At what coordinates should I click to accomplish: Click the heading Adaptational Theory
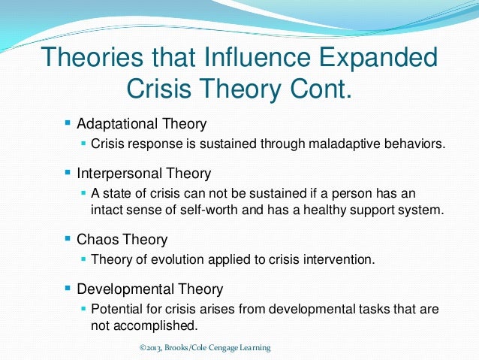(x=141, y=123)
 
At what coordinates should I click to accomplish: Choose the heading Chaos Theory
(x=122, y=241)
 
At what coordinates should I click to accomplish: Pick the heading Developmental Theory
(x=149, y=289)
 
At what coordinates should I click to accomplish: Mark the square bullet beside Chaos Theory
(x=68, y=240)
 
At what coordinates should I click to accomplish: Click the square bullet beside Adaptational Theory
(x=68, y=122)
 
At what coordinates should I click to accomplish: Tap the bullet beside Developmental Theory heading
(x=68, y=288)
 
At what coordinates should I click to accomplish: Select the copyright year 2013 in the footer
(x=153, y=348)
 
